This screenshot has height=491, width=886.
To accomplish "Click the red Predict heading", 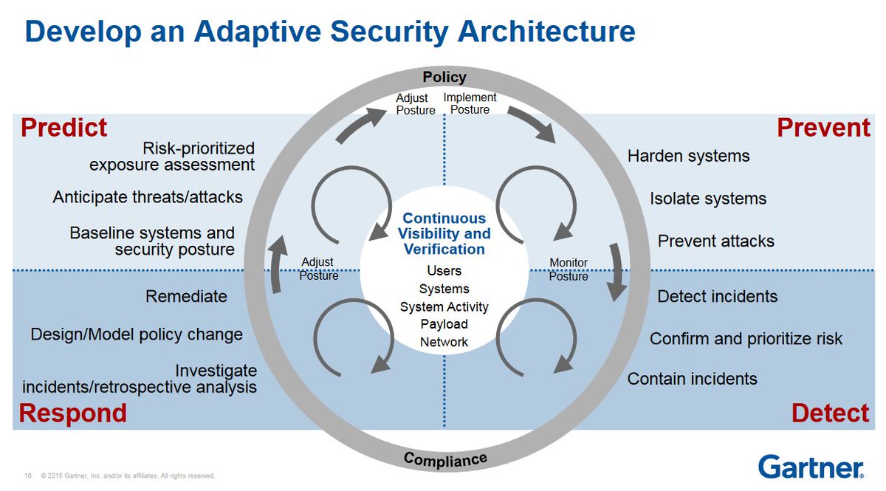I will (x=64, y=128).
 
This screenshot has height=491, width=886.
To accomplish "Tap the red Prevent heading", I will (x=823, y=128).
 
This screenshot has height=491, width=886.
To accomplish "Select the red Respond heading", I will (x=72, y=413).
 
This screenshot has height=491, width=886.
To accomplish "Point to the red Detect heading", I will (x=830, y=413).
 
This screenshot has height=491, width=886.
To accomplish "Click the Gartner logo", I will (x=811, y=467).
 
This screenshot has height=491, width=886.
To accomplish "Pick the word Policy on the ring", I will (x=444, y=77).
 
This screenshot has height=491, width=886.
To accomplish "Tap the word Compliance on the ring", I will (x=445, y=459).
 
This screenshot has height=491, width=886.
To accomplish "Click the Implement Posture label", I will (x=470, y=103).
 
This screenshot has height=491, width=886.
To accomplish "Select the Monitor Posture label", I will (x=569, y=269).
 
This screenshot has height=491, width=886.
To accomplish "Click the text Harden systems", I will (x=688, y=157).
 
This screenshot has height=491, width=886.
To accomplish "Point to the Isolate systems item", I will (x=708, y=199).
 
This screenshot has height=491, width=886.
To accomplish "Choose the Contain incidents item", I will (x=692, y=379).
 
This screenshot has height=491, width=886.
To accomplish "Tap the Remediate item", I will (x=186, y=297).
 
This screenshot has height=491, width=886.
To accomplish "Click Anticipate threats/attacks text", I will (x=148, y=198).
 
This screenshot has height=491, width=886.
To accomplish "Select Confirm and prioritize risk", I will (x=746, y=339).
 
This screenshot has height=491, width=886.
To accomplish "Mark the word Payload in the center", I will (x=444, y=324).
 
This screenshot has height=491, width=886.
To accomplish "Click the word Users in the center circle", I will (x=444, y=271).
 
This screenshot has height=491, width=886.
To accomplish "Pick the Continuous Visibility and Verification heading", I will (x=444, y=233).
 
